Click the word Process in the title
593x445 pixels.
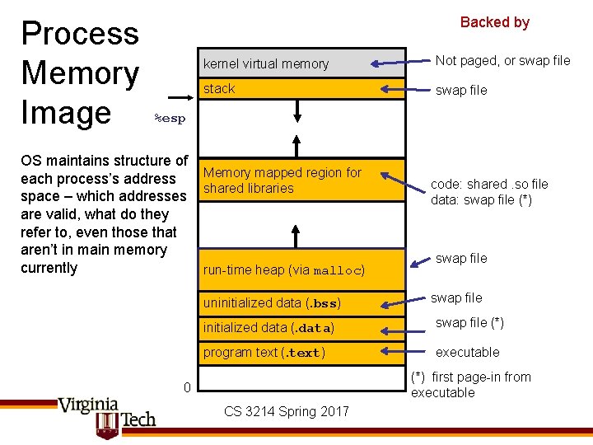click(x=80, y=34)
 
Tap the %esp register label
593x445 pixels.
click(x=170, y=119)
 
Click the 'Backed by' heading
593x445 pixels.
click(x=494, y=22)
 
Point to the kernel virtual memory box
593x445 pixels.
click(x=300, y=63)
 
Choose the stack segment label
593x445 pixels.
click(x=219, y=89)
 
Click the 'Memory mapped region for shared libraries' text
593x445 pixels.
click(x=282, y=180)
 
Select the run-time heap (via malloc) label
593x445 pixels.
click(x=283, y=270)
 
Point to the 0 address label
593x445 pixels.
click(x=187, y=388)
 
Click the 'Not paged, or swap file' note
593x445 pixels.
click(x=502, y=60)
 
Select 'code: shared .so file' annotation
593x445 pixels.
click(x=489, y=184)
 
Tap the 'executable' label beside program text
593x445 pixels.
click(x=467, y=353)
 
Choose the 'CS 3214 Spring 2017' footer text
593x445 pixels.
click(x=286, y=411)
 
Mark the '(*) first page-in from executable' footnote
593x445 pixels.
click(x=470, y=385)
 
